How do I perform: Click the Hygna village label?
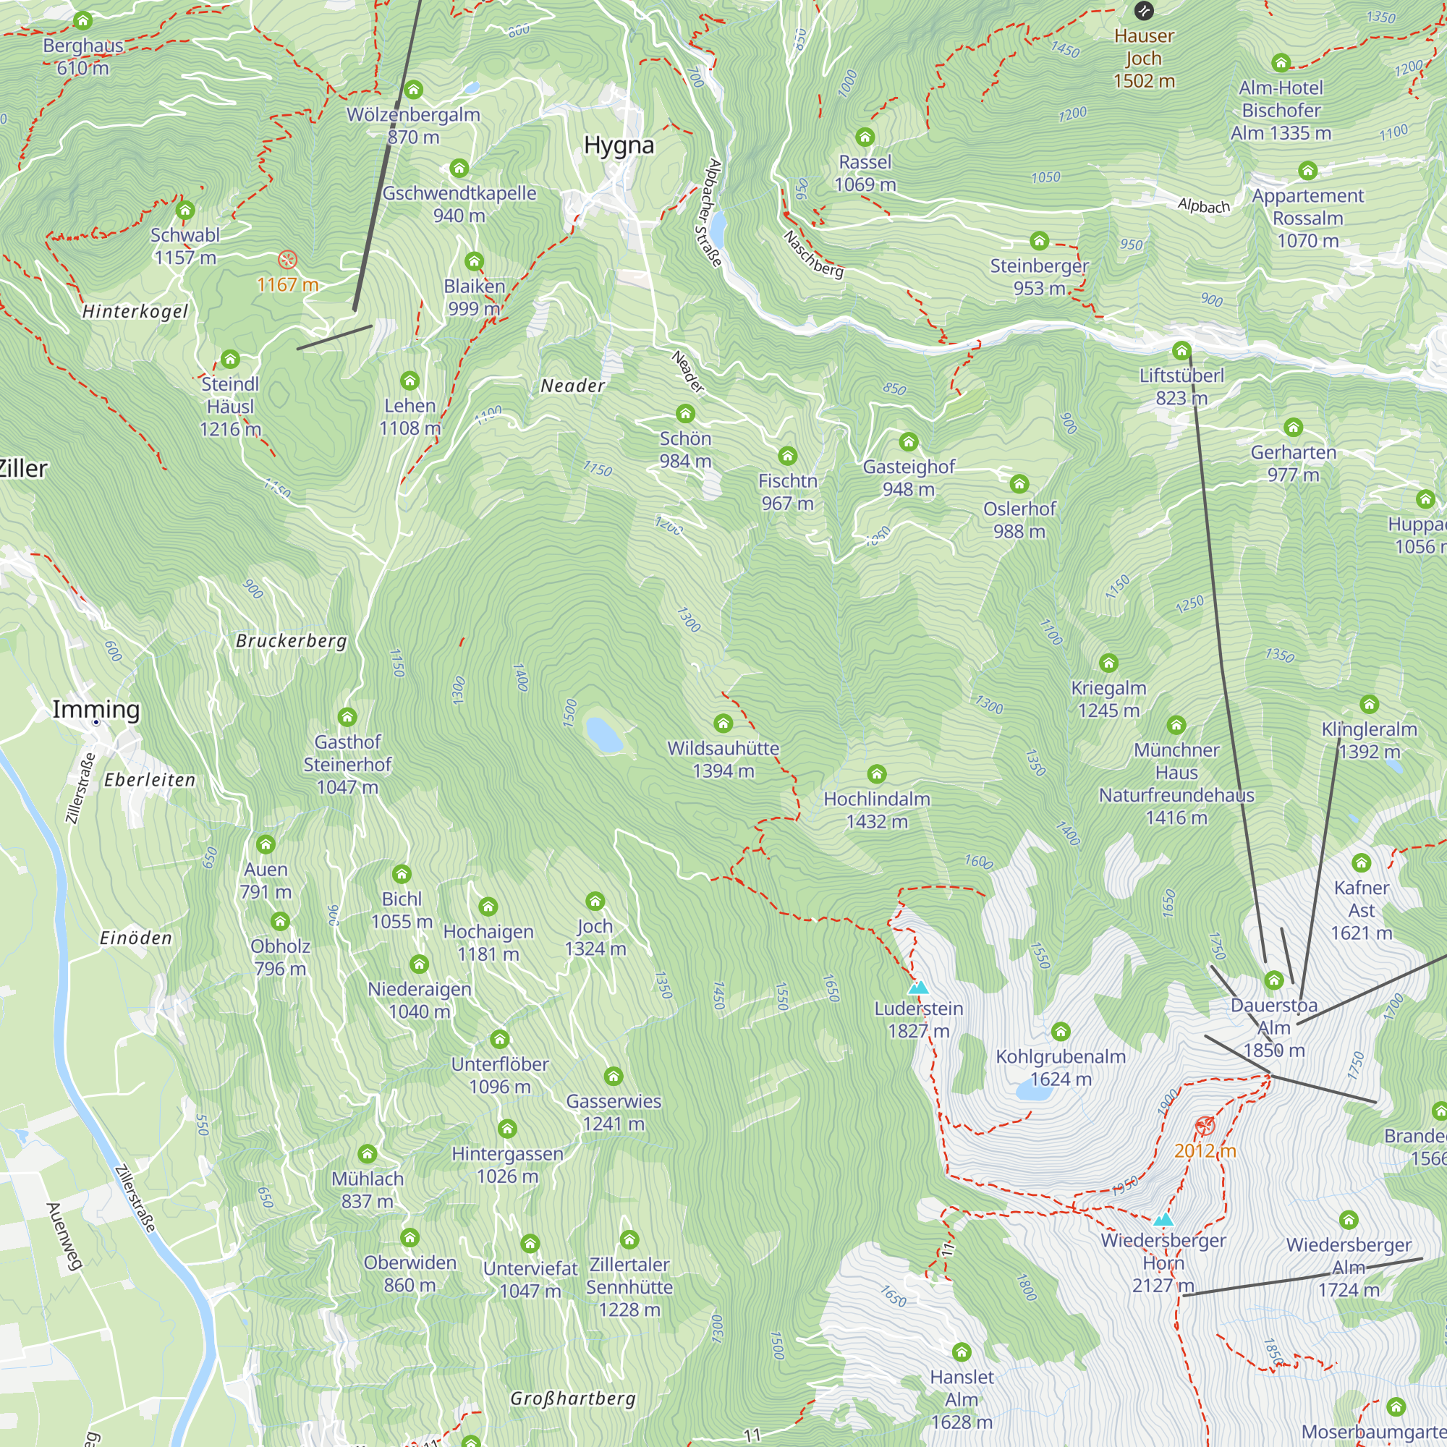619,145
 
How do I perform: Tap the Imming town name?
96,708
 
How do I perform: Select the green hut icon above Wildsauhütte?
723,723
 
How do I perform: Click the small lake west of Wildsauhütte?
603,735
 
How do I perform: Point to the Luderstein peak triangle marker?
918,988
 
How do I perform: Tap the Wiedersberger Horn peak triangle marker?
1163,1220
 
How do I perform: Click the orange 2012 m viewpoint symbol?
1205,1126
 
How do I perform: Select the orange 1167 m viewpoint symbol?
288,260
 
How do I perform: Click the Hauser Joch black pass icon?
1144,10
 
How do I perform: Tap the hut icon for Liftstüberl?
1182,350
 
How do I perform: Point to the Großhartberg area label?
573,1399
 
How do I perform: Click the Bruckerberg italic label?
292,641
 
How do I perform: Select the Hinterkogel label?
135,312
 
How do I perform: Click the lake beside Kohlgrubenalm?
1034,1091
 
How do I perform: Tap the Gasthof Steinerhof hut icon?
347,717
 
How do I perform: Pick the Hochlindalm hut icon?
876,773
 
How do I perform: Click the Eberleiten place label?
150,781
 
